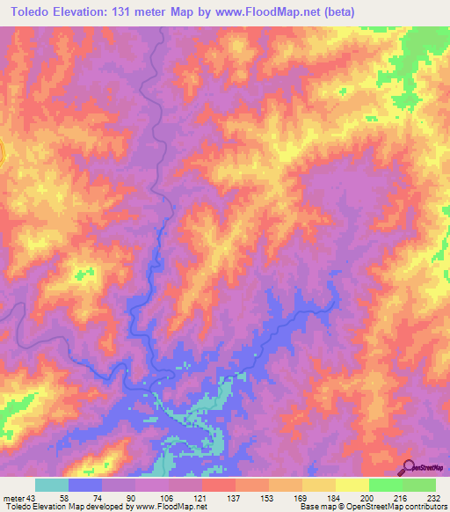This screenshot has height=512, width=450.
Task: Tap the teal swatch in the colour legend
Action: pos(52,485)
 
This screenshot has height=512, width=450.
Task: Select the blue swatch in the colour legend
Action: pos(85,485)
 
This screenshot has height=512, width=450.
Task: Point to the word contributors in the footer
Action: pos(425,507)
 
